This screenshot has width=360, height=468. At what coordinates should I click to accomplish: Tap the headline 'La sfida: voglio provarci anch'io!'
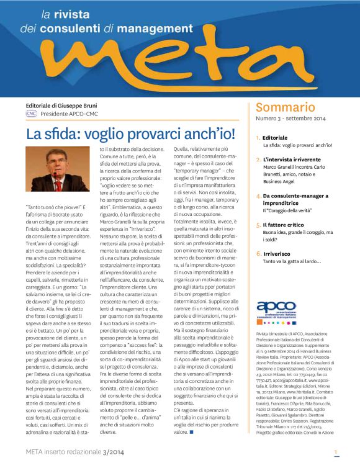(x=130, y=134)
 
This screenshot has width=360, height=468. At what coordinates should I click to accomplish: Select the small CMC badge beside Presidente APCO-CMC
(x=31, y=114)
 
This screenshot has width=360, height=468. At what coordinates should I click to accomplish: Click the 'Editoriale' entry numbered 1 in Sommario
(x=275, y=137)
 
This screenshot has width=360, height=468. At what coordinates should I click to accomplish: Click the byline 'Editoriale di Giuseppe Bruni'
(x=61, y=106)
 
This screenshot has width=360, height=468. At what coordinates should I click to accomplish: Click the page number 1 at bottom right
(x=336, y=453)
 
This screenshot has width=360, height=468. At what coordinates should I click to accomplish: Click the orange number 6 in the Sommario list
(x=258, y=253)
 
